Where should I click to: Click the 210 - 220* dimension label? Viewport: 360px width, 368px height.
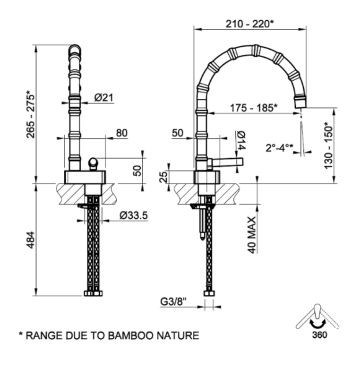pos(249,22)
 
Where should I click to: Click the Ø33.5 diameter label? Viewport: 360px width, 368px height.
pos(134,215)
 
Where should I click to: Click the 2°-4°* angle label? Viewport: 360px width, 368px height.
pos(279,147)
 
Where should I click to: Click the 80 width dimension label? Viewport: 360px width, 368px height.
pos(121,133)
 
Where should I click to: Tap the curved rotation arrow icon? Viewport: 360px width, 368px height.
pos(317,323)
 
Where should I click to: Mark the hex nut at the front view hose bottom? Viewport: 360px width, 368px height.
pos(93,293)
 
